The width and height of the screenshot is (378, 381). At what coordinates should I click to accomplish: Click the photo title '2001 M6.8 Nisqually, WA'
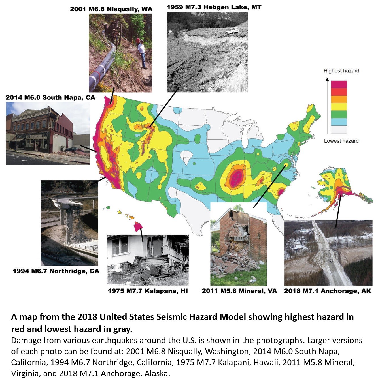[x=111, y=9]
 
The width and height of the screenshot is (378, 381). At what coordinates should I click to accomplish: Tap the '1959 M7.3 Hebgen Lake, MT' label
[x=214, y=7]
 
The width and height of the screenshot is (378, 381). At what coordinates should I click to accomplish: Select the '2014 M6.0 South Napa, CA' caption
[x=50, y=97]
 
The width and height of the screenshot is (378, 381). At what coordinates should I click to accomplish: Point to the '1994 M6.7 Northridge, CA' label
[x=56, y=271]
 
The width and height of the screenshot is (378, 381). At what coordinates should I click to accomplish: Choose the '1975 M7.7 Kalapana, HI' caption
[x=148, y=291]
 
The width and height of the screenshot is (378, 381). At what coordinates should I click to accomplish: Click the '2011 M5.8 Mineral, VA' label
[x=239, y=291]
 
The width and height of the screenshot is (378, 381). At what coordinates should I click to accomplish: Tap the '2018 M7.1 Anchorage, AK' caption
[x=328, y=291]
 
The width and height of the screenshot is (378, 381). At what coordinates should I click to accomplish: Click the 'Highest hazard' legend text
[x=341, y=71]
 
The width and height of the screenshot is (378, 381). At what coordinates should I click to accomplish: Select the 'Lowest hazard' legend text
[x=341, y=141]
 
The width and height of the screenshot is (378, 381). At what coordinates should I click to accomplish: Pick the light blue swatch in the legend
[x=339, y=122]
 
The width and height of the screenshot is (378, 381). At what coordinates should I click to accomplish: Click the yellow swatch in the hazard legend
[x=339, y=107]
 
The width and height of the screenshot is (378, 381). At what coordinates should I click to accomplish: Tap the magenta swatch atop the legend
[x=339, y=84]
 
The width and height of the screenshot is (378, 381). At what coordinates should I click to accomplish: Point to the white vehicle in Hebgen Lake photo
[x=232, y=31]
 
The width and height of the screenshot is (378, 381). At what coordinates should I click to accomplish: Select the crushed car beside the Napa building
[x=72, y=150]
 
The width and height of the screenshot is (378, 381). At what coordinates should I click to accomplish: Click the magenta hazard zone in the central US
[x=236, y=178]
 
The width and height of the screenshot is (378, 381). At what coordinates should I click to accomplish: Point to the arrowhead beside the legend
[x=327, y=80]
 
